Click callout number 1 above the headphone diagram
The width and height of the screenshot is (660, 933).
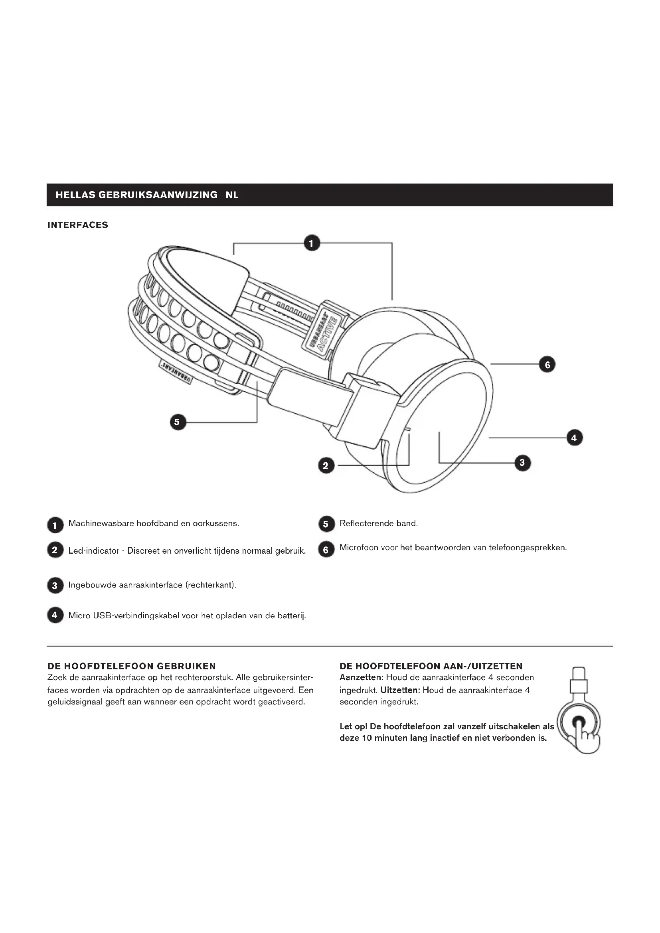[312, 243]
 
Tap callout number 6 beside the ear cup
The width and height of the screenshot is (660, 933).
[547, 365]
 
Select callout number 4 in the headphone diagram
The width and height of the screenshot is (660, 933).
[574, 438]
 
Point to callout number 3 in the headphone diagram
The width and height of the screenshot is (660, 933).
[522, 462]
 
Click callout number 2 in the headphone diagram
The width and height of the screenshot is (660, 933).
[326, 466]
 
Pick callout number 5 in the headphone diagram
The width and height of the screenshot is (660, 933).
[177, 422]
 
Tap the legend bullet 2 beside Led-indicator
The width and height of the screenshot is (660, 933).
[55, 550]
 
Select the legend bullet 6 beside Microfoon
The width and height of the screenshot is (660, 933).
[326, 550]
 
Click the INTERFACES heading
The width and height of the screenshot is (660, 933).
[78, 225]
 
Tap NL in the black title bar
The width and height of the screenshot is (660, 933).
[232, 195]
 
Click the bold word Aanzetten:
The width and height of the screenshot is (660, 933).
[361, 677]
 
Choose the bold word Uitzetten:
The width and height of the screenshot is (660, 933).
[399, 690]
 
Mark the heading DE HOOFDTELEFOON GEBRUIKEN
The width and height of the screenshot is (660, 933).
[132, 666]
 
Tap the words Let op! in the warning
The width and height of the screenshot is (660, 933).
[353, 726]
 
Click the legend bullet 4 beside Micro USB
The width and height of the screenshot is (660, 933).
[55, 615]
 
